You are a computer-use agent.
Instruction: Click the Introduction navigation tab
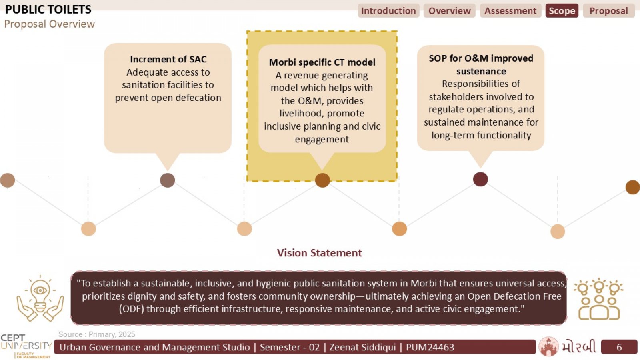388,10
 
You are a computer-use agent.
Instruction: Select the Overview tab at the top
450,10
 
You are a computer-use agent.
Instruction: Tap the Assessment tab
510,10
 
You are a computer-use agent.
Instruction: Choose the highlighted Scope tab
562,10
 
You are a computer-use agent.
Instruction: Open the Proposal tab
609,10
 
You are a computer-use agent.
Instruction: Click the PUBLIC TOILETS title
48,10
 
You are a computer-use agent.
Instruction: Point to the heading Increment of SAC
168,59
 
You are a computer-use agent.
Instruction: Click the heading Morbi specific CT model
322,62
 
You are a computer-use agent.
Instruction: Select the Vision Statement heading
320,253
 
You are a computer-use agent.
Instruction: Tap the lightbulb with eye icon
40,298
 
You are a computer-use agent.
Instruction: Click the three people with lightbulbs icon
599,299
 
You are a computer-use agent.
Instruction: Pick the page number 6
619,347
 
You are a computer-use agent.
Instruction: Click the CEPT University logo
26,346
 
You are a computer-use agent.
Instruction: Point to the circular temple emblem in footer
548,346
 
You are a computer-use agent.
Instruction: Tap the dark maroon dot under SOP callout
480,180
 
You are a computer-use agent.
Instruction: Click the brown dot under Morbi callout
322,180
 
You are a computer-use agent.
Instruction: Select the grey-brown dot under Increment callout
168,180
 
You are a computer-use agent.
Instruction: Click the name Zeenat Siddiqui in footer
362,347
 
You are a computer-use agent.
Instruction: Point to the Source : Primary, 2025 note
97,334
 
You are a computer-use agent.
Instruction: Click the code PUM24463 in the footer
430,347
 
